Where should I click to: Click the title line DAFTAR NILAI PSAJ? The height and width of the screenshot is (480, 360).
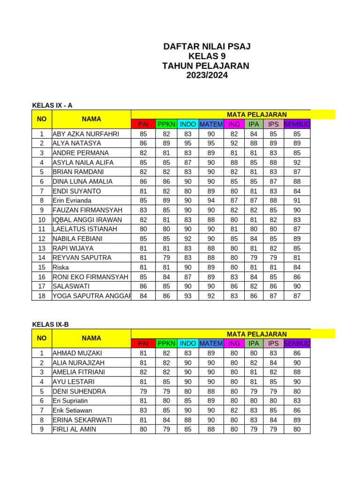tap(206, 46)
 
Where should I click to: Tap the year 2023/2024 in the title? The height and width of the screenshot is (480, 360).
tap(206, 75)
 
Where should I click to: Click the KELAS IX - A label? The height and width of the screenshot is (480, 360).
tap(52, 105)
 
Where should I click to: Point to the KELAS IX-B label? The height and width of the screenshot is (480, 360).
tap(50, 324)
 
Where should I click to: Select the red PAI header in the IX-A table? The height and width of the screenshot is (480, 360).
tap(143, 124)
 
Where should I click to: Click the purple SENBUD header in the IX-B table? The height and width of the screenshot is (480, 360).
tap(297, 344)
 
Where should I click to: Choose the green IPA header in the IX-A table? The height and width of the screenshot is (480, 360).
tap(254, 124)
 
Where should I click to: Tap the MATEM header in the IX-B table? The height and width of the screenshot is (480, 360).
tap(211, 344)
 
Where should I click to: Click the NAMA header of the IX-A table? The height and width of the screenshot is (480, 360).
tap(91, 119)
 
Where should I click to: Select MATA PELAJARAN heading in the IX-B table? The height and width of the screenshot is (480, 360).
tap(256, 334)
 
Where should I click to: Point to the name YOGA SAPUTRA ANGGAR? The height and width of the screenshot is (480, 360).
tap(91, 296)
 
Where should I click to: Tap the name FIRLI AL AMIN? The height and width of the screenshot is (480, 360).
tap(74, 429)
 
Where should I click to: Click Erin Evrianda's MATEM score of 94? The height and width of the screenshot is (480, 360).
tap(211, 201)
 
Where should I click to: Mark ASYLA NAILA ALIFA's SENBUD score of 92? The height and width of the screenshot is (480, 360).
tap(297, 162)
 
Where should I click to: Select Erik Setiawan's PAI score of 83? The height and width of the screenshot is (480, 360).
tap(143, 410)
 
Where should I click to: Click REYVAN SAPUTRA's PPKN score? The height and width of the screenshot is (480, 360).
tap(166, 258)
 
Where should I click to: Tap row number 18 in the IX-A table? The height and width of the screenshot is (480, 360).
tap(42, 296)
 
